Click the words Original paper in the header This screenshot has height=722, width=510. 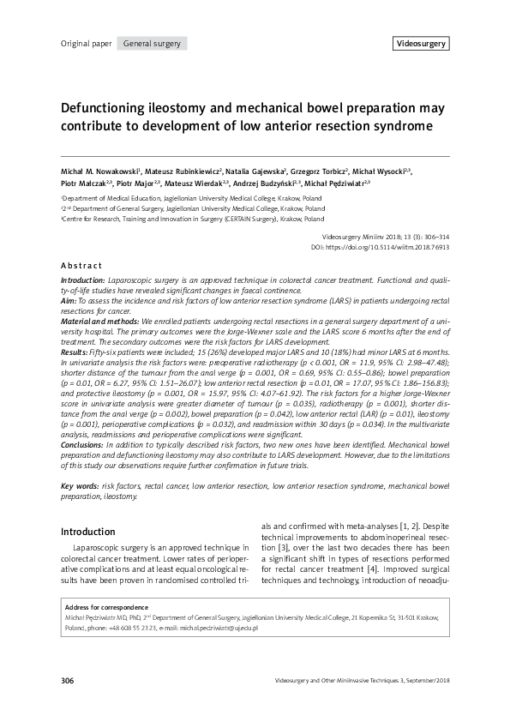click(86, 44)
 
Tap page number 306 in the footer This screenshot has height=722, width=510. click(69, 681)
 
